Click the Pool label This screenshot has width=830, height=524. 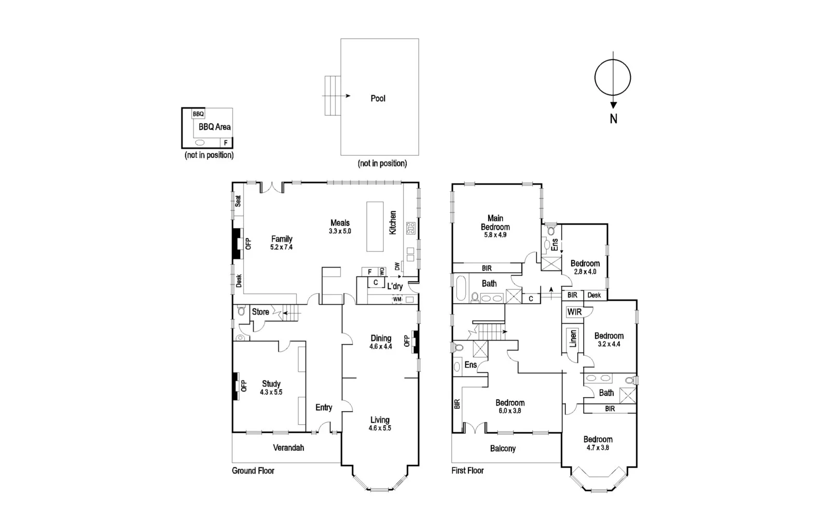[378, 98]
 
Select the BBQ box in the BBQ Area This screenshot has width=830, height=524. [198, 114]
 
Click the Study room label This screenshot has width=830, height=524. [271, 384]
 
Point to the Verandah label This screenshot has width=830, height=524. [288, 448]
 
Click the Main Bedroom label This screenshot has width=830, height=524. [495, 222]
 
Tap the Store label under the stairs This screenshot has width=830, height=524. [260, 312]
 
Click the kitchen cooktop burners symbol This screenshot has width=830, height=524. [410, 227]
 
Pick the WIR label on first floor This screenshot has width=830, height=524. [574, 312]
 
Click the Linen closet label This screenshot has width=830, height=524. [573, 338]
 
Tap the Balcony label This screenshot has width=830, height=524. [503, 448]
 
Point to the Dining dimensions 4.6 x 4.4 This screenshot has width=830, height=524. [380, 346]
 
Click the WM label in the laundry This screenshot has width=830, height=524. [397, 299]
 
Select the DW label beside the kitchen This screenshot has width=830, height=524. [397, 266]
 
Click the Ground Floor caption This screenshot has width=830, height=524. [253, 471]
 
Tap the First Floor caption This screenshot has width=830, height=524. [467, 471]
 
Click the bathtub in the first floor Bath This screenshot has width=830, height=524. [460, 289]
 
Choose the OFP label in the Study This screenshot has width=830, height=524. [244, 386]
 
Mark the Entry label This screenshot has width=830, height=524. [324, 408]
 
